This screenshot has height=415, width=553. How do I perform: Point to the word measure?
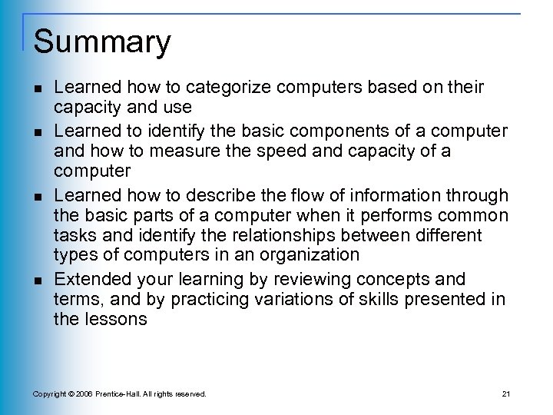pyautogui.click(x=187, y=151)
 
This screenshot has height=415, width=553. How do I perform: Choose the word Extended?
pyautogui.click(x=89, y=277)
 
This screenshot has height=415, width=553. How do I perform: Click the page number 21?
pyautogui.click(x=505, y=394)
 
